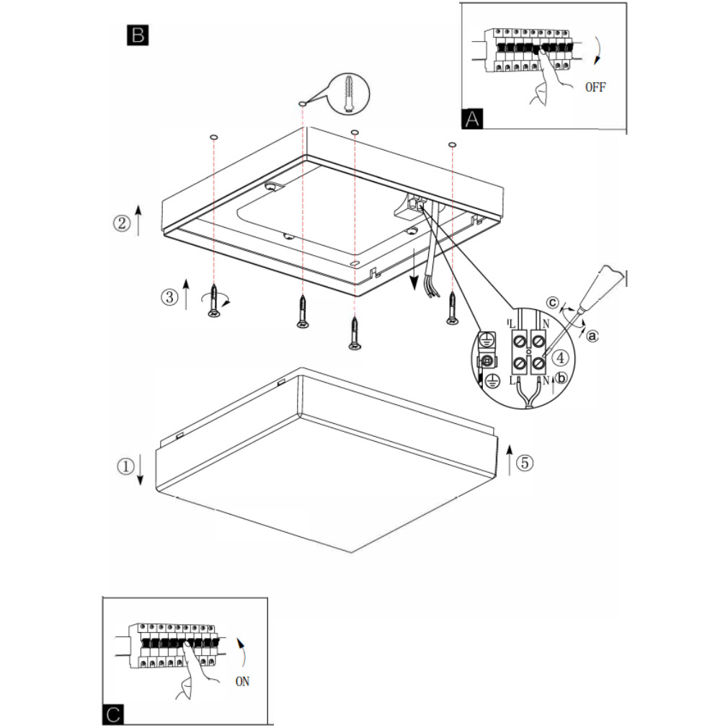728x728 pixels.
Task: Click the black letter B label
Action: pyautogui.click(x=138, y=35)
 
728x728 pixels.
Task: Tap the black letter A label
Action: pyautogui.click(x=472, y=118)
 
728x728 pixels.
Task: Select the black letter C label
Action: pyautogui.click(x=113, y=714)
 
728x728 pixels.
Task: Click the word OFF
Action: pyautogui.click(x=595, y=86)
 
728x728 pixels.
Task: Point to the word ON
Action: pyautogui.click(x=242, y=682)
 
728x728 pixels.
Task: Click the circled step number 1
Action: pyautogui.click(x=125, y=466)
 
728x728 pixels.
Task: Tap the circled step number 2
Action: pyautogui.click(x=122, y=223)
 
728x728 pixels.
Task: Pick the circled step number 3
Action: pyautogui.click(x=169, y=297)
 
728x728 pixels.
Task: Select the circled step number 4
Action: pyautogui.click(x=561, y=358)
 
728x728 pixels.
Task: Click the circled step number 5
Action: pyautogui.click(x=525, y=463)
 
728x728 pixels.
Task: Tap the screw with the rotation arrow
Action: pyautogui.click(x=213, y=301)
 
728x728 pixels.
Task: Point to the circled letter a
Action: pyautogui.click(x=592, y=335)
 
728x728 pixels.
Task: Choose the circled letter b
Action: pyautogui.click(x=561, y=378)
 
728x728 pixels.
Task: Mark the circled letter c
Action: pyautogui.click(x=552, y=302)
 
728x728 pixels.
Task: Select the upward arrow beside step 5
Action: pyautogui.click(x=510, y=460)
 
